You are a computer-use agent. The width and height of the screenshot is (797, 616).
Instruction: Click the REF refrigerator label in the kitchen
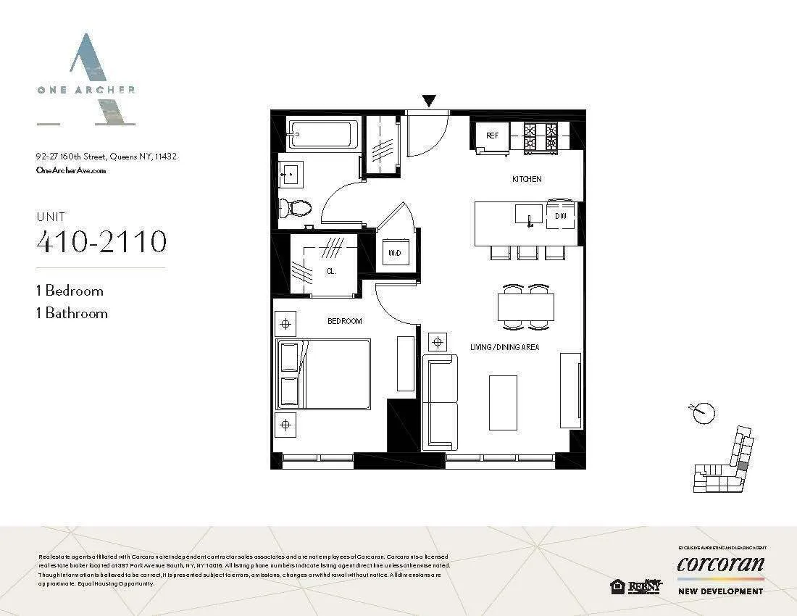492,136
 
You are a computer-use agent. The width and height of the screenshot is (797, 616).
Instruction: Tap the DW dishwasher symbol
560,215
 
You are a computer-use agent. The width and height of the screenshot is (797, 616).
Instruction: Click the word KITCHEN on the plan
527,179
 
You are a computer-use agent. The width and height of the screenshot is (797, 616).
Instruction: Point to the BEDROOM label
344,321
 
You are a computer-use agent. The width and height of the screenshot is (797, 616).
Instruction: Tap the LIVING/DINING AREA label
504,348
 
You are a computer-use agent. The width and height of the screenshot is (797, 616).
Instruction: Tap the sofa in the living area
440,402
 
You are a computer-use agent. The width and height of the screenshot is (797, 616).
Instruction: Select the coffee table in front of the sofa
503,402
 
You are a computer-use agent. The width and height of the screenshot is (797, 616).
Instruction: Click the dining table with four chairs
526,307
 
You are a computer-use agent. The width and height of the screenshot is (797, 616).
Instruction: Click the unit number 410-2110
101,241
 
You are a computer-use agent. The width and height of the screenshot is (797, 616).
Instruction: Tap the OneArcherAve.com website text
71,170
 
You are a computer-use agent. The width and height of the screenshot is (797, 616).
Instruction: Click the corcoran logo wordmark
720,564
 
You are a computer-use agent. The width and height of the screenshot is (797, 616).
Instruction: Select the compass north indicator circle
703,413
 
